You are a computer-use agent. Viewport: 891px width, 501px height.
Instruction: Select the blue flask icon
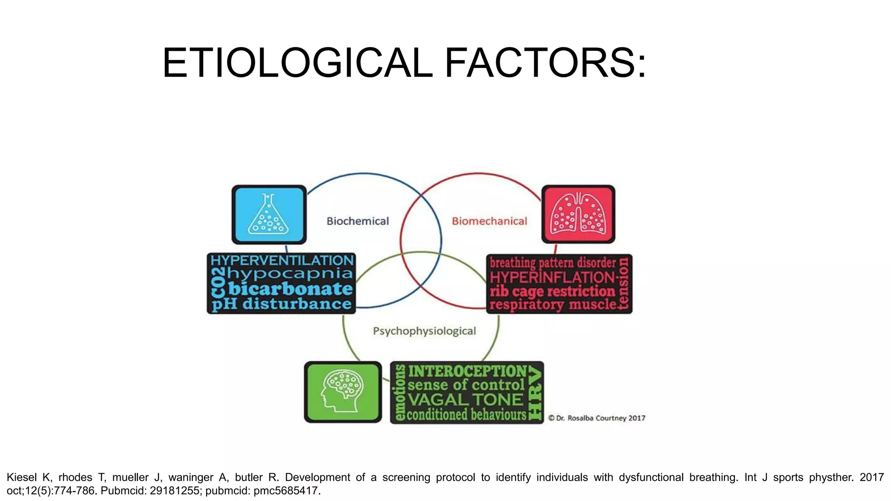[269, 214]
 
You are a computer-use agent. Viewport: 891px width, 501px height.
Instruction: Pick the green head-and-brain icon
[343, 392]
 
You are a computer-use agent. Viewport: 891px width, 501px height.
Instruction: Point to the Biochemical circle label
[358, 221]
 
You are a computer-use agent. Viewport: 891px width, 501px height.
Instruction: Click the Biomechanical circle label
[489, 221]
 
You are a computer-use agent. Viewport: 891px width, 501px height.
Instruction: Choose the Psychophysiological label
[424, 331]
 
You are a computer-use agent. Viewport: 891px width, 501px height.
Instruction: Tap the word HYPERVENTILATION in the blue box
[282, 261]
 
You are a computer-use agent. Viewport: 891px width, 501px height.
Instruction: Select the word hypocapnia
[290, 274]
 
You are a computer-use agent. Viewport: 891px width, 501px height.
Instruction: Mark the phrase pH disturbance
[282, 304]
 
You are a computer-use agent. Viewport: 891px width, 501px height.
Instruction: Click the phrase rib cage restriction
[553, 291]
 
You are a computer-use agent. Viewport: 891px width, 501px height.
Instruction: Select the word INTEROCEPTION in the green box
[467, 371]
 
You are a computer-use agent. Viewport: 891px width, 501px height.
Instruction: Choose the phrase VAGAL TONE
[466, 400]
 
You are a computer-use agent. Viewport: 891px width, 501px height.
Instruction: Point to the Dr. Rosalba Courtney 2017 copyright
[597, 418]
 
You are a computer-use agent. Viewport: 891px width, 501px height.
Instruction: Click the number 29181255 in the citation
[174, 491]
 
